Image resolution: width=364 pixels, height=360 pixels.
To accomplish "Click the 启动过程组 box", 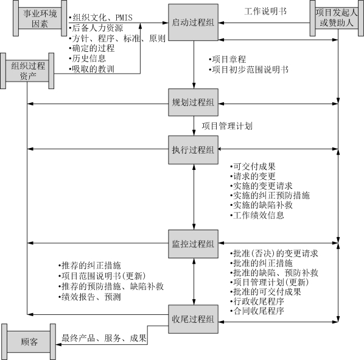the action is tap(193, 23).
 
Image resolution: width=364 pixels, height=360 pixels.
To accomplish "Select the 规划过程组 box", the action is tap(193, 102).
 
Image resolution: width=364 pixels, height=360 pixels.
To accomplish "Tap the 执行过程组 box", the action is tap(193, 150).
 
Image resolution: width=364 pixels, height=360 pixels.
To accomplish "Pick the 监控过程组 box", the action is tap(193, 244).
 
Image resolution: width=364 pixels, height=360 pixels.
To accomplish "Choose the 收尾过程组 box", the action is tap(193, 319).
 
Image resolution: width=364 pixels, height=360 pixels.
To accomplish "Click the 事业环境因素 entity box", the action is tap(40, 18).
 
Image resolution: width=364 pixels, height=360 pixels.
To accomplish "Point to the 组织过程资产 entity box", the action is tap(27, 71).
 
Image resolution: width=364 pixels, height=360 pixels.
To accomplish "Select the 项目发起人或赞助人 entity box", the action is tap(337, 18).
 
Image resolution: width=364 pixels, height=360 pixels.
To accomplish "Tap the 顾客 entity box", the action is tap(29, 342).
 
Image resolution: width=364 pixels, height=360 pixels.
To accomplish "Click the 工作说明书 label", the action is tap(265, 11).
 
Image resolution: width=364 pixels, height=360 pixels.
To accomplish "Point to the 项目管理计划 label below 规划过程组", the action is tap(227, 126).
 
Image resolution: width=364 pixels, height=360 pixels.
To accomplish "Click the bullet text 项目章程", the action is tap(227, 60).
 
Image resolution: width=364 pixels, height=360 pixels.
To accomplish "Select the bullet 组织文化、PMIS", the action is tap(101, 18).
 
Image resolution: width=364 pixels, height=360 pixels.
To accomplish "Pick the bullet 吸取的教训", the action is tap(92, 69).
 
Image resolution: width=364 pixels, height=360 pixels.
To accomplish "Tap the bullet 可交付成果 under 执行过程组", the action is tap(253, 166).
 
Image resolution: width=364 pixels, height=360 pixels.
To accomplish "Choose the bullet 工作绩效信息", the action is tap(257, 215).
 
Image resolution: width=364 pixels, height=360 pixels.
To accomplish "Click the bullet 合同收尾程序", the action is tap(257, 311).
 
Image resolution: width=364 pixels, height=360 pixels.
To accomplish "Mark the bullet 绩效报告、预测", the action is tap(89, 297).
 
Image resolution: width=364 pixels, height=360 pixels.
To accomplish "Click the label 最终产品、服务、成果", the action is tap(104, 338).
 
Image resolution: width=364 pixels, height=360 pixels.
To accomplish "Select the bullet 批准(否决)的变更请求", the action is tap(274, 253).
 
